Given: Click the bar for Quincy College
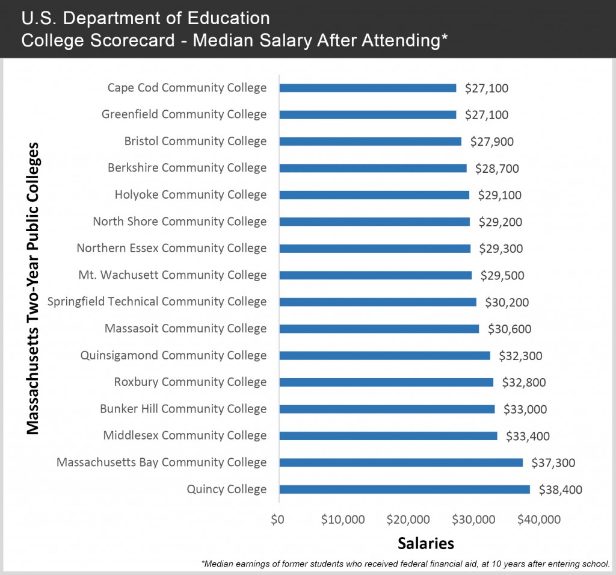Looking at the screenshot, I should (404, 490).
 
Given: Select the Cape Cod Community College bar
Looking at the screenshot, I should (368, 88).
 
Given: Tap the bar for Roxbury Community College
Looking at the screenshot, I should (386, 382).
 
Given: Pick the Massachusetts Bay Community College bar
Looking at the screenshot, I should (401, 462).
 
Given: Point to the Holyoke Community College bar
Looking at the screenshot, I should (374, 195).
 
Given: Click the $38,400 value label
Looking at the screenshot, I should (560, 490).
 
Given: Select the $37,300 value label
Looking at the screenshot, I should (553, 462).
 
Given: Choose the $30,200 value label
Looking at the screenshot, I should (507, 302).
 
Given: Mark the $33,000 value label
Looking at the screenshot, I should (525, 409).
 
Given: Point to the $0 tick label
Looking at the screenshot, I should (277, 519).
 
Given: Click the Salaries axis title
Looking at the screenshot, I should (425, 543).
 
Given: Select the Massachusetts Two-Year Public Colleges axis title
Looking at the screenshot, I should (34, 288).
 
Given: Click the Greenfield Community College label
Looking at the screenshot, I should (184, 114).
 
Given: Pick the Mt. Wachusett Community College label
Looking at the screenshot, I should (173, 275).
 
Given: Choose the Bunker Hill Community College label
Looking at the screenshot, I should (183, 409).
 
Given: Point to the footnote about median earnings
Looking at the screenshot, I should (406, 564).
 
